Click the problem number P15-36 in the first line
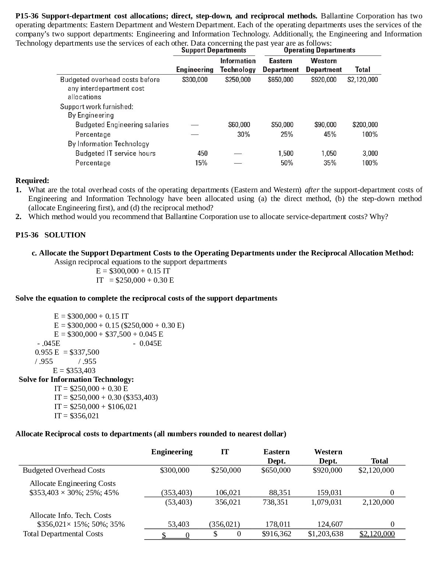[x=28, y=16]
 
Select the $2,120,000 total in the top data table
[x=362, y=80]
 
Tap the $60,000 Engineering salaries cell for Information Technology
[x=239, y=125]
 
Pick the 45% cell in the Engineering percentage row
[x=330, y=135]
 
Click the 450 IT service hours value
[x=202, y=154]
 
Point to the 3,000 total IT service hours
[x=370, y=154]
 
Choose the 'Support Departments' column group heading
[x=214, y=50]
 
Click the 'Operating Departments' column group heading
[x=319, y=50]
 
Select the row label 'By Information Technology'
[x=108, y=144]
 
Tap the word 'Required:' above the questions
[x=32, y=181]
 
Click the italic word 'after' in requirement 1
[x=312, y=190]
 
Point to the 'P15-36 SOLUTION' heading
[x=50, y=235]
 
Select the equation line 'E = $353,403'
[x=74, y=370]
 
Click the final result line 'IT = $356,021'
[x=77, y=416]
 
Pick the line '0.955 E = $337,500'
[x=67, y=352]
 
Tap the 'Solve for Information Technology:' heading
[x=76, y=380]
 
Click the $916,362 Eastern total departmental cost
[x=276, y=534]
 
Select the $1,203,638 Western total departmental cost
[x=325, y=534]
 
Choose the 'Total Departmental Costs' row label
[x=63, y=534]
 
